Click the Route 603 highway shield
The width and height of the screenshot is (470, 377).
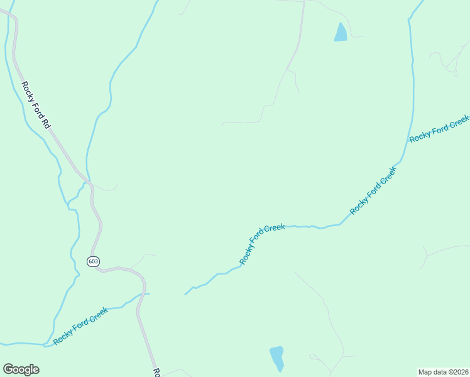point(93,261)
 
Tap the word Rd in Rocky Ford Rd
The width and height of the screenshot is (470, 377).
point(45,122)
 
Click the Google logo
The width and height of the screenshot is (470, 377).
point(21,369)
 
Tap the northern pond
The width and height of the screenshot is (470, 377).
point(341,33)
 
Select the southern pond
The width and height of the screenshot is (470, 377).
point(276,358)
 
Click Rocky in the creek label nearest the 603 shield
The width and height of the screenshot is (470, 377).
point(62,337)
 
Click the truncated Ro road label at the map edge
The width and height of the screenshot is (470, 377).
point(158,373)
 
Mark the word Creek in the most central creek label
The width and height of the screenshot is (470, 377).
point(275,227)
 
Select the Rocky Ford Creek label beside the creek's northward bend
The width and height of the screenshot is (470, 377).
point(373,191)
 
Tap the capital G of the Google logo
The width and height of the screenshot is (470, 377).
point(9,369)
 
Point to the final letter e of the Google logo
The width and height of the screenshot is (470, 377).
point(35,370)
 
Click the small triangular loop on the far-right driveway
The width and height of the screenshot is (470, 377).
point(455,72)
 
